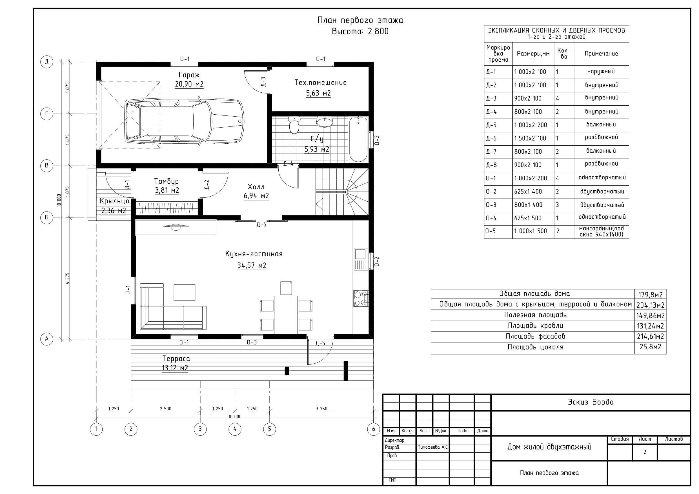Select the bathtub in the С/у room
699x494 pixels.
pos(358,139)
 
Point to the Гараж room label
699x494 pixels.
pos(189,75)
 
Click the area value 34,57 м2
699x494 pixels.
pos(252,265)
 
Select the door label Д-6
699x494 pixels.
pos(261,225)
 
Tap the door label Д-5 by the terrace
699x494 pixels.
pos(320,343)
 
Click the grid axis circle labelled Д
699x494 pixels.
pos(46,62)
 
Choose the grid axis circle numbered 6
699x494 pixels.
pos(374,429)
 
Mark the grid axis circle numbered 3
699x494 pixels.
pos(200,429)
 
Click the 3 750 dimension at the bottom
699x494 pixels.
pos(321,409)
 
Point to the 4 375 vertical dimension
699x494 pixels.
pos(68,278)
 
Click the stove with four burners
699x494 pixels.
pos(361,298)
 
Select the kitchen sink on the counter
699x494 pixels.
pos(360,259)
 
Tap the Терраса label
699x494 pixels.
pos(176,359)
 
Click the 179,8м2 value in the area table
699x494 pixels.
pos(651,295)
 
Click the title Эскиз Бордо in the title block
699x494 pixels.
pos(591,402)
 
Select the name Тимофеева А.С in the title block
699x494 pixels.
pos(432,448)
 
